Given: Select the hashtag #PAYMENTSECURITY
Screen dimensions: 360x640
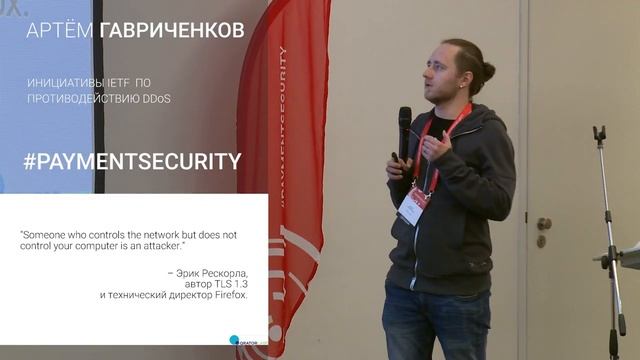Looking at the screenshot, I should pos(131,161).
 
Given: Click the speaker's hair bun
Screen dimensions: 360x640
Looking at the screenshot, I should pos(489,72).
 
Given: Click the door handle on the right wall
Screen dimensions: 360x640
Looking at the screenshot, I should pos(544,224).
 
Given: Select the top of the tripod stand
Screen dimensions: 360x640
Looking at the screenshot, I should pos(599,133).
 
